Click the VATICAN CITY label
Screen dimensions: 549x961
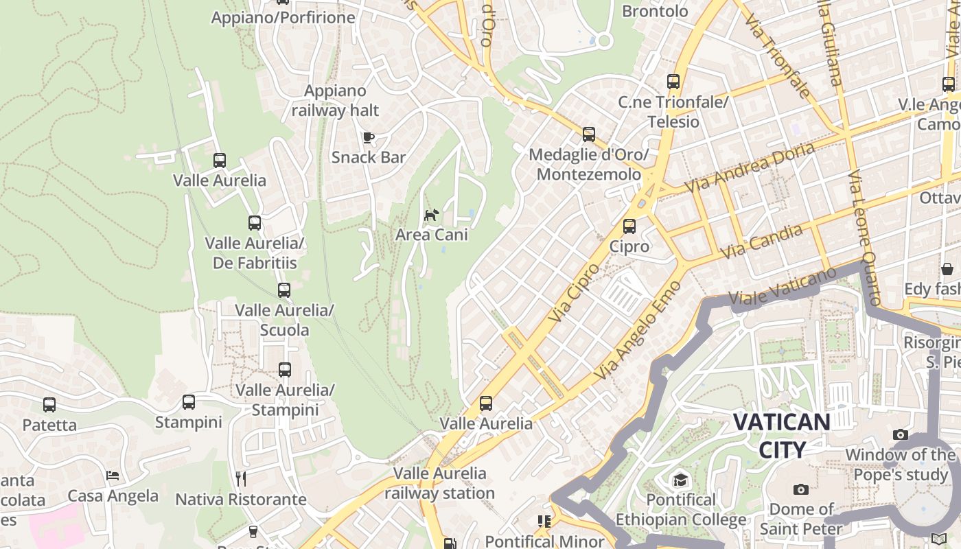781,435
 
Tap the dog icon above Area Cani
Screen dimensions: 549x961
431,215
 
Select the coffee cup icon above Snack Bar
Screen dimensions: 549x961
369,138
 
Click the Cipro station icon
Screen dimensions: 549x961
629,226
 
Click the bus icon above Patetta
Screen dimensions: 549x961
49,405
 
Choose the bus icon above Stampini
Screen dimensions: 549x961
189,402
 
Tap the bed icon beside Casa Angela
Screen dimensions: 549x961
113,476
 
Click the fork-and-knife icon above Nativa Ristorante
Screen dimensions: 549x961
241,478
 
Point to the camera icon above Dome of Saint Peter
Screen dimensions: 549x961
800,489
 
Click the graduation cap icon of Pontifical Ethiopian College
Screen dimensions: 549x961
680,480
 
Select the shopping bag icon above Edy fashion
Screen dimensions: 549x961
947,269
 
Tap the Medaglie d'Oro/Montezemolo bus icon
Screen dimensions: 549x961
589,135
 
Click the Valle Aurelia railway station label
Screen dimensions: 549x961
439,483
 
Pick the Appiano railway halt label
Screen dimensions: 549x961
336,100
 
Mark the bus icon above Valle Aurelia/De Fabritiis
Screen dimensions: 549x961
255,223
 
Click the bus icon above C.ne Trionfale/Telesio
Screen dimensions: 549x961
673,82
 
